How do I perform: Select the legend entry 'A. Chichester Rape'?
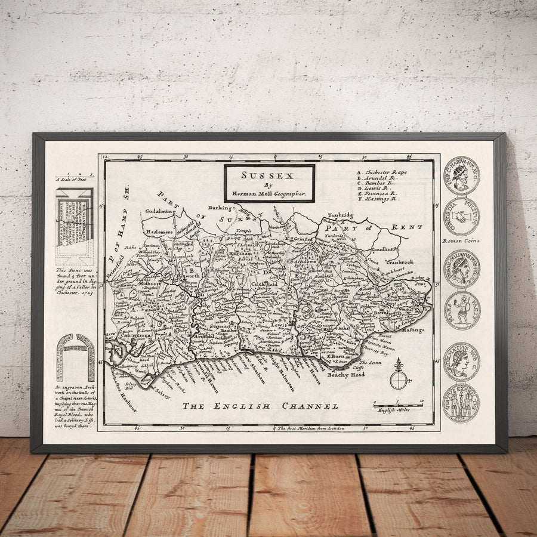tap(382, 172)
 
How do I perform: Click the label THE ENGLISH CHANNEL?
tap(260, 406)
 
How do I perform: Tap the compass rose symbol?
tap(399, 377)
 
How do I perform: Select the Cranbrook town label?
tap(399, 262)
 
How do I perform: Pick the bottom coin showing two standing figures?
tap(461, 403)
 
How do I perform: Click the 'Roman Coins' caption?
tap(461, 241)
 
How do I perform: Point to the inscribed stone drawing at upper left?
tap(75, 226)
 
